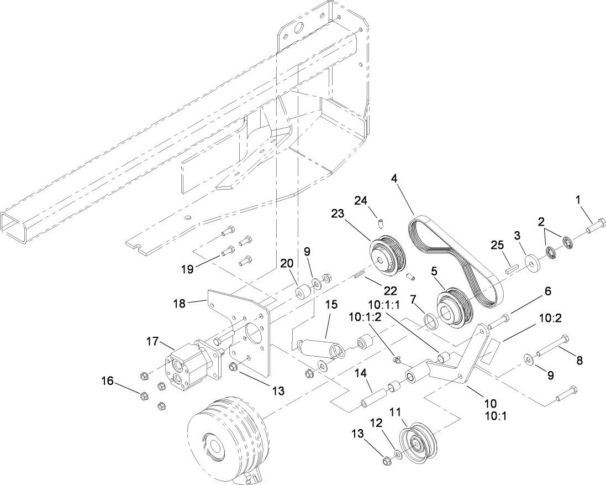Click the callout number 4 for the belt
(x=394, y=179)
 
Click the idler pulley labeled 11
(x=418, y=442)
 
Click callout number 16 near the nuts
(x=108, y=380)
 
